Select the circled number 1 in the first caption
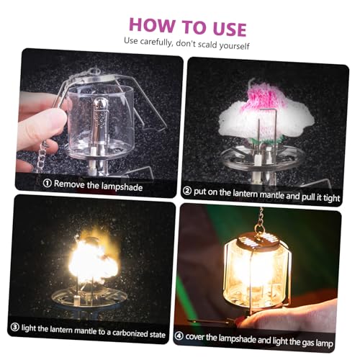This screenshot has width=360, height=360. click(x=47, y=183)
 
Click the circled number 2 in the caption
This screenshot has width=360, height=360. click(x=187, y=191)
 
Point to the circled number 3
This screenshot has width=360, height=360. click(x=15, y=327)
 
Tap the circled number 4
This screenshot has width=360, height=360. click(x=179, y=336)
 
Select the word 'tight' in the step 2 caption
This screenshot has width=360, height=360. click(x=331, y=198)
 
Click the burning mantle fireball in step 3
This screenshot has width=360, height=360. click(x=93, y=261)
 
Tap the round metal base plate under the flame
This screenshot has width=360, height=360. click(x=89, y=297)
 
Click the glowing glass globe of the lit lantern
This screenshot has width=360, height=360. click(x=257, y=276)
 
